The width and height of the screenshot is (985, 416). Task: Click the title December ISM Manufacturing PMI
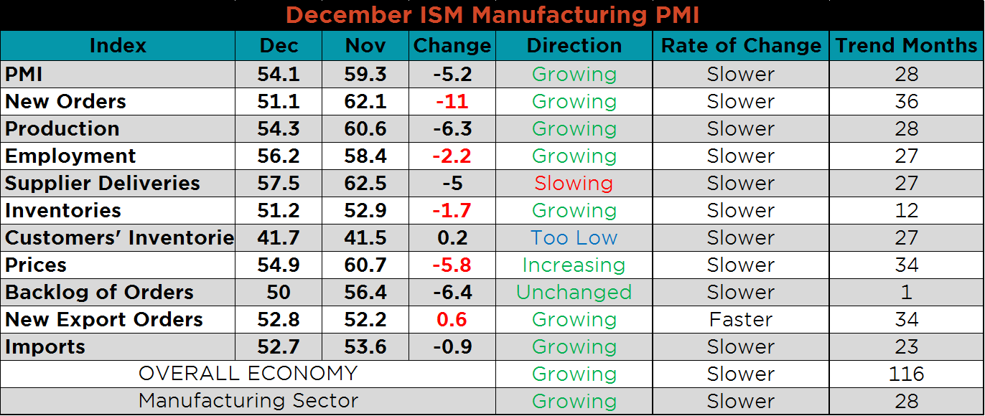click(492, 15)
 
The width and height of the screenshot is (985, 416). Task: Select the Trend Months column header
click(907, 46)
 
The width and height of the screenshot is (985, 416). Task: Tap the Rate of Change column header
click(741, 46)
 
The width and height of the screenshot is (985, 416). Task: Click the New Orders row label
click(65, 102)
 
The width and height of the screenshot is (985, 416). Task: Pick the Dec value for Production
click(279, 129)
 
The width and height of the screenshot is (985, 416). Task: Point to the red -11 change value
click(452, 102)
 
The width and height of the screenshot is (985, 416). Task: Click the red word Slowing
click(574, 184)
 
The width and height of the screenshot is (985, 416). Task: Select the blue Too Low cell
click(574, 238)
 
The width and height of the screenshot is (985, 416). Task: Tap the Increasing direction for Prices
click(574, 265)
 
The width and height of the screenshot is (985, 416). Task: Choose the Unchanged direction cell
click(574, 293)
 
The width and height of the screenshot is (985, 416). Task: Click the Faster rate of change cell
click(741, 320)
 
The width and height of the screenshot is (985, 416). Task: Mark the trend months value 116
click(907, 374)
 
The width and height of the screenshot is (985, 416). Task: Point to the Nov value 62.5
click(365, 184)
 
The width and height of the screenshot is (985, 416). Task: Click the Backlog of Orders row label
click(99, 293)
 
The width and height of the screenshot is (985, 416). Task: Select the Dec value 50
click(279, 293)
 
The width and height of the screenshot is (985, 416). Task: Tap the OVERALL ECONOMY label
click(248, 374)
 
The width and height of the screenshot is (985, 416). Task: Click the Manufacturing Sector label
click(248, 402)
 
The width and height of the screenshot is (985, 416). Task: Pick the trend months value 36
click(907, 102)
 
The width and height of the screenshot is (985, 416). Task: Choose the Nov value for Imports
click(365, 347)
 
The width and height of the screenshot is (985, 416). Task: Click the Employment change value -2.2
click(452, 156)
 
